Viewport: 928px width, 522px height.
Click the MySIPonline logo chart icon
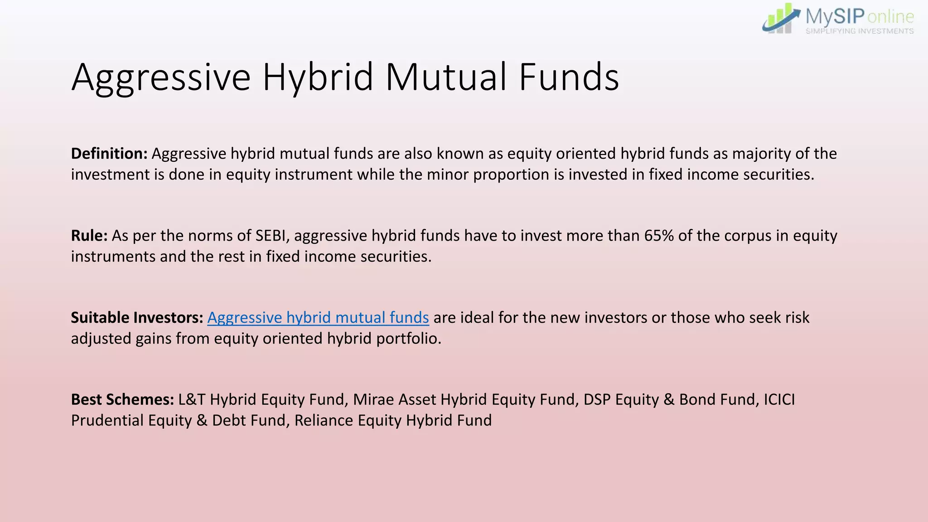click(x=780, y=19)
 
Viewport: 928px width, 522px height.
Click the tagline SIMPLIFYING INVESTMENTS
click(x=859, y=31)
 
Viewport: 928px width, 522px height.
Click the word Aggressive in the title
click(x=161, y=78)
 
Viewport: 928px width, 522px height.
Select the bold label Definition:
click(x=109, y=154)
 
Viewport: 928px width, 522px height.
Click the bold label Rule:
click(x=89, y=236)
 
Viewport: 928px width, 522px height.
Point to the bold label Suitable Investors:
click(x=137, y=318)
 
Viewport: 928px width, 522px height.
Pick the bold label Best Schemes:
click(x=122, y=400)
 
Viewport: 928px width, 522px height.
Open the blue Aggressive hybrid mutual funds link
click(x=318, y=318)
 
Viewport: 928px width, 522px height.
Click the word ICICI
click(x=779, y=400)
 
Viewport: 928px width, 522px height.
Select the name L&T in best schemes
click(x=192, y=400)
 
